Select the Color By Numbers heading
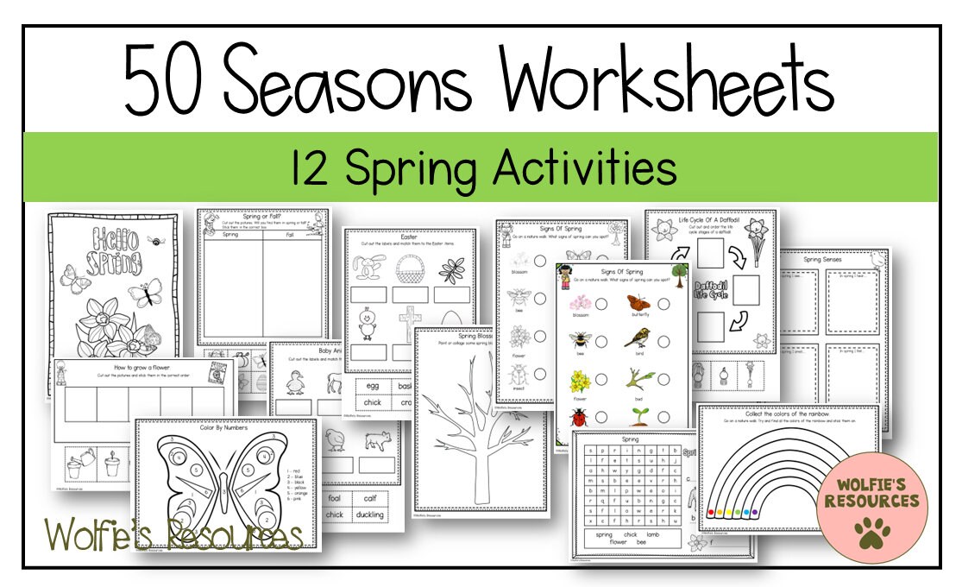(x=224, y=427)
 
